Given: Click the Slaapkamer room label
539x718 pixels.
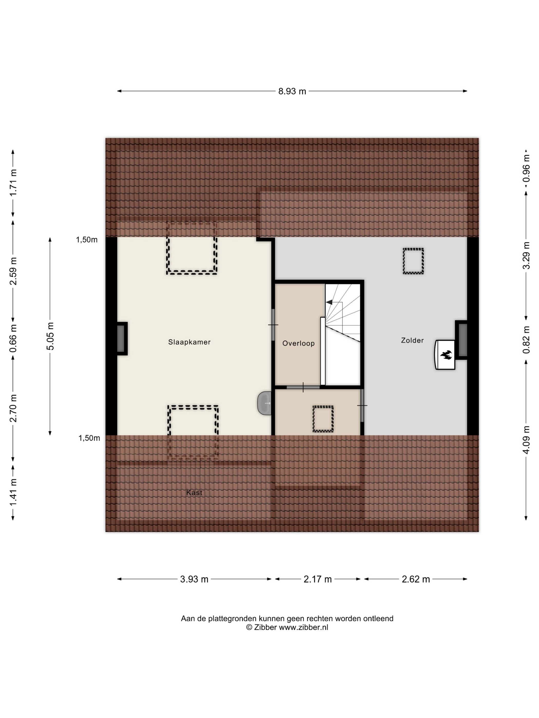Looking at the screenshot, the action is point(189,342).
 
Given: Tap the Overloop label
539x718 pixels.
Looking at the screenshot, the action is point(298,343).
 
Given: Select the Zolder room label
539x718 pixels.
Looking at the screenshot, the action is point(412,340).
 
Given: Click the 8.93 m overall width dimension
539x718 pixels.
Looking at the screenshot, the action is point(292,91).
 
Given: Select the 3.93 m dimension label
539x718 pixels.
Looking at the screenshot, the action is point(194,579).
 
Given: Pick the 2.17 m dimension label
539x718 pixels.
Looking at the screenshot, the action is point(317,579).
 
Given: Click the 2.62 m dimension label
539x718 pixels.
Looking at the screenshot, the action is point(416,579).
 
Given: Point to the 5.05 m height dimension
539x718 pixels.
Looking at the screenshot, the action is point(50,336).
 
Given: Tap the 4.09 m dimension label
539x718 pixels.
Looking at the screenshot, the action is point(526,440).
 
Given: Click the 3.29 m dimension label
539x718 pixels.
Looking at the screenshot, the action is point(526,255).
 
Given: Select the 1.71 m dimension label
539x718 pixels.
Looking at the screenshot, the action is point(13,183).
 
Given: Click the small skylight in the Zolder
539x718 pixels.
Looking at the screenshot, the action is point(413,261).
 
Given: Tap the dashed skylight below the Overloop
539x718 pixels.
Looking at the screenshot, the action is point(323,419).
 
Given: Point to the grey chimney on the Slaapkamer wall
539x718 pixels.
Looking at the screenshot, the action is point(121,338).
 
